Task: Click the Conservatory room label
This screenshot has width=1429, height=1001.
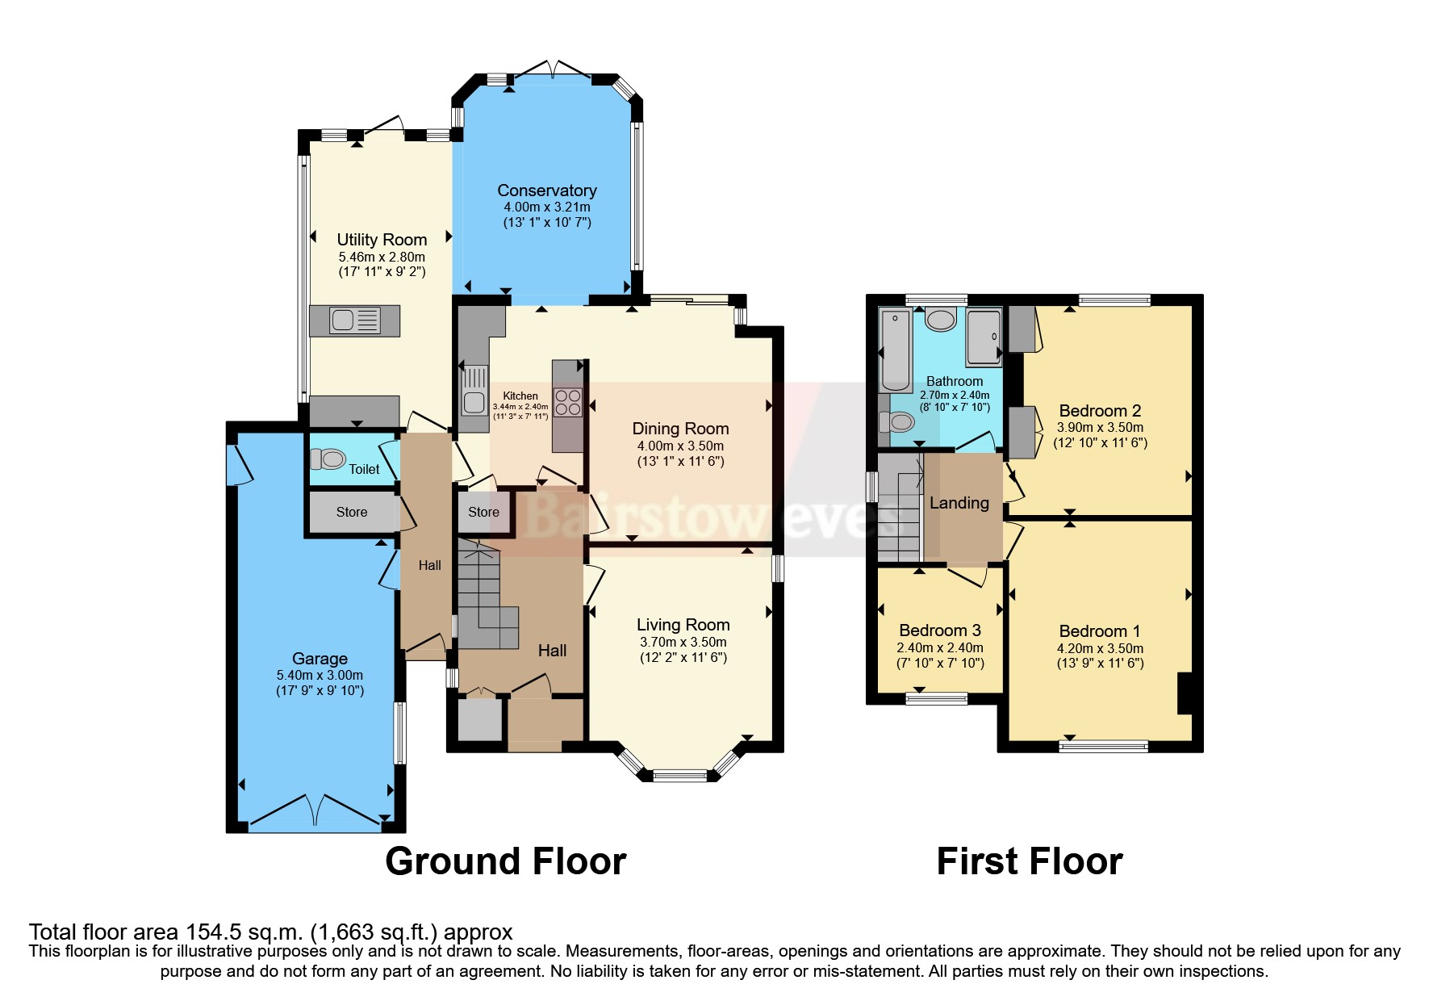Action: pyautogui.click(x=546, y=191)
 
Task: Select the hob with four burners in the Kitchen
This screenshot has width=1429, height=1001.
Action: pyautogui.click(x=568, y=402)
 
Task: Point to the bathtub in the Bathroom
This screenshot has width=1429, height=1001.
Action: pyautogui.click(x=895, y=350)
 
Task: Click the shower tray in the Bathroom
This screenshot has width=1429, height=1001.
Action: pyautogui.click(x=984, y=336)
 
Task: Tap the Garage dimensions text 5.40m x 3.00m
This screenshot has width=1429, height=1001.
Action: pyautogui.click(x=320, y=675)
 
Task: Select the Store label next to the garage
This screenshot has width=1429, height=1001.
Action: pyautogui.click(x=351, y=512)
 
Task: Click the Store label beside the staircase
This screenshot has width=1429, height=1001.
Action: pyautogui.click(x=483, y=512)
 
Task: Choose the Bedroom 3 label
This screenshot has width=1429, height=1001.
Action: pyautogui.click(x=939, y=630)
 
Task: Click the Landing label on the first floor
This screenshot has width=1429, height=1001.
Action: pyautogui.click(x=959, y=503)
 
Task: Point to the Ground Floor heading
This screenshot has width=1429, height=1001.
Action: pyautogui.click(x=505, y=861)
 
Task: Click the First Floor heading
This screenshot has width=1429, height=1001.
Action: pyautogui.click(x=1029, y=861)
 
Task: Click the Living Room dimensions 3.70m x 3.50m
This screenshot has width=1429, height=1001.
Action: pyautogui.click(x=683, y=642)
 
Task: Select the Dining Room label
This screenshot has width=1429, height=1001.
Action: pyautogui.click(x=679, y=429)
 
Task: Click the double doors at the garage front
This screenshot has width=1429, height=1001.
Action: pyautogui.click(x=316, y=811)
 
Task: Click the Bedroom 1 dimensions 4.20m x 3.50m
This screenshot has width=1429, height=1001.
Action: pyautogui.click(x=1100, y=648)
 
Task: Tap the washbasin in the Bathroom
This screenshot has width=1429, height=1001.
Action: pyautogui.click(x=941, y=320)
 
